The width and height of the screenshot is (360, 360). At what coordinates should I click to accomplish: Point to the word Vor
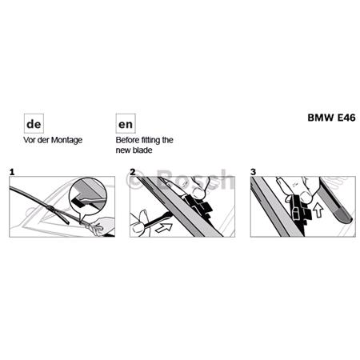coord(30,141)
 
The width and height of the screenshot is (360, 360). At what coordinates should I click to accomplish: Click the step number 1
coord(13,171)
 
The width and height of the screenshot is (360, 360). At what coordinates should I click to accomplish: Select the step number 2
coord(134,171)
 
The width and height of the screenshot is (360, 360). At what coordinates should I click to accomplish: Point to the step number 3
coord(254,171)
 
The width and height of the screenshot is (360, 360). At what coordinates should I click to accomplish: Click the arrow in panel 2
coord(163,227)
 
